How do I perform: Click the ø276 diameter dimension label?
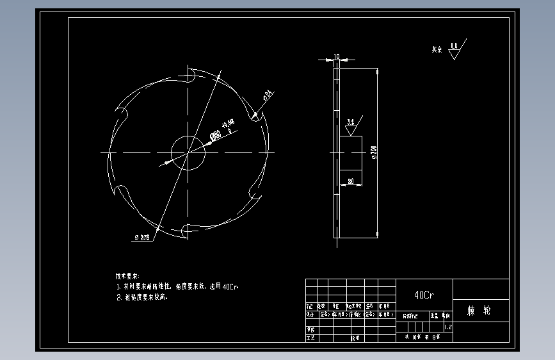click(x=142, y=238)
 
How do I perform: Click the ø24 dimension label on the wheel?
click(x=268, y=95)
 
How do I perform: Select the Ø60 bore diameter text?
click(x=216, y=135)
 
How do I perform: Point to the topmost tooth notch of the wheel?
click(x=190, y=74)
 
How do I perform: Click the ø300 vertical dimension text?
click(x=374, y=152)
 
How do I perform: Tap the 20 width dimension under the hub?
click(x=351, y=181)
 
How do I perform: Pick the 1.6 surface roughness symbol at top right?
click(x=454, y=48)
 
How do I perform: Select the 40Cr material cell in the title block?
click(x=424, y=295)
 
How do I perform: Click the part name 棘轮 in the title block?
click(x=479, y=311)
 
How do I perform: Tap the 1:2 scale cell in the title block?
click(x=448, y=327)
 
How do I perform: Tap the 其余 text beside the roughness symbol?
click(x=437, y=49)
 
